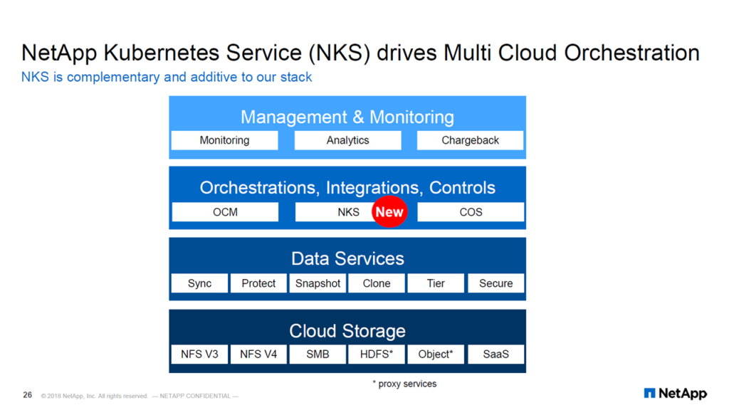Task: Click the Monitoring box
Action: tap(224, 140)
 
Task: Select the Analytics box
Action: tap(347, 140)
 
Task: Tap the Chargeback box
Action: tap(470, 140)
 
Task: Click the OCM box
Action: tap(225, 212)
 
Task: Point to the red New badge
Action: tap(389, 211)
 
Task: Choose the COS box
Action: tap(471, 212)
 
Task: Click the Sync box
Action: tap(199, 283)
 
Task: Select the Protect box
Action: tap(258, 283)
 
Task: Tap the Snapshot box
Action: tap(318, 283)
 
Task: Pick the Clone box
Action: tap(377, 283)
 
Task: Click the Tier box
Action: tap(436, 283)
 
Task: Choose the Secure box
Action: tap(495, 283)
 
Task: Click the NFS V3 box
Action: tap(199, 354)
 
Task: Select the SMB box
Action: tap(318, 354)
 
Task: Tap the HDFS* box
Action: tap(377, 354)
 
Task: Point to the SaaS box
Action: tap(495, 354)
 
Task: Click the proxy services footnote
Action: tap(404, 384)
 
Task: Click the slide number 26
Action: tap(28, 395)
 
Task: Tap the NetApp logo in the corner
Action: tap(675, 393)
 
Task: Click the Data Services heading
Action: tap(347, 258)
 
